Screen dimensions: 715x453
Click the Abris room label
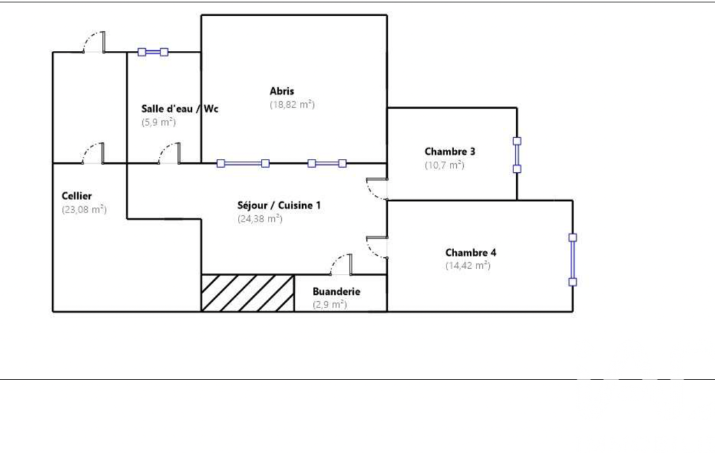coord(282,91)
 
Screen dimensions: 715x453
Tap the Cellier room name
coord(77,196)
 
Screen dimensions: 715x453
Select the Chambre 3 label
coord(450,151)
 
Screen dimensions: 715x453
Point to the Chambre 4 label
coord(471,252)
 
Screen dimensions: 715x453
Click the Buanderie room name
coord(336,292)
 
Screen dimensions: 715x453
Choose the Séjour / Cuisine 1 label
coord(278,206)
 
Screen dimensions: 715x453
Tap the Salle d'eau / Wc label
coord(180,109)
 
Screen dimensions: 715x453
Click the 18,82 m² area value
coord(292,105)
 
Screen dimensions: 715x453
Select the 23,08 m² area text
coord(84,209)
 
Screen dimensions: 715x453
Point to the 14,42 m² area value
coord(468,266)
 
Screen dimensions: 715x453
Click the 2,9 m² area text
coord(330,305)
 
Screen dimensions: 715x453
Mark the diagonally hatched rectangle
coord(248,293)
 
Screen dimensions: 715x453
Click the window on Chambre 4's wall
coord(573,260)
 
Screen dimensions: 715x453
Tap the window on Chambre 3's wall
coord(517,155)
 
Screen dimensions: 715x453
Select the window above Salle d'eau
coord(153,52)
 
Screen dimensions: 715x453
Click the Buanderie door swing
coord(341,265)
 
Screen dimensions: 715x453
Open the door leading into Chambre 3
coord(377,189)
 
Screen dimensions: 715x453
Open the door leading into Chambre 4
coord(377,247)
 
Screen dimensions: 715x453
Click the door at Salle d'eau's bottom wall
coord(170,153)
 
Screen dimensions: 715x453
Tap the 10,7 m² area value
coord(444,165)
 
